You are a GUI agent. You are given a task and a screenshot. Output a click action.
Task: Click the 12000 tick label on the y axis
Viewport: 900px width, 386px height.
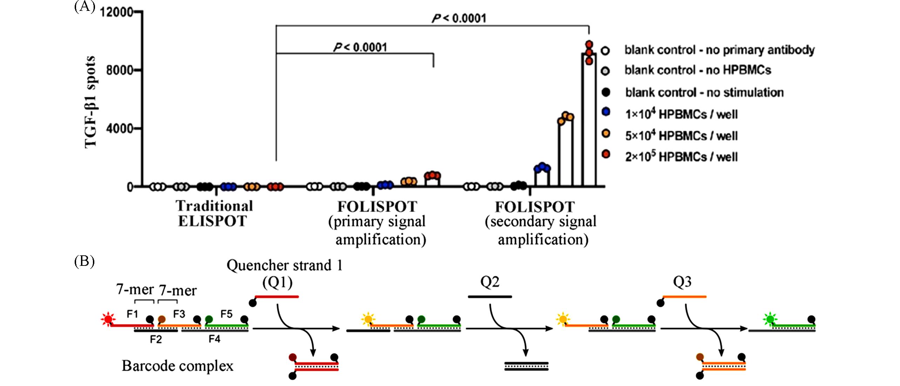click(x=116, y=12)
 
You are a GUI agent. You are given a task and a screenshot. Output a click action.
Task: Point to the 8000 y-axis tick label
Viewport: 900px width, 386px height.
click(x=119, y=70)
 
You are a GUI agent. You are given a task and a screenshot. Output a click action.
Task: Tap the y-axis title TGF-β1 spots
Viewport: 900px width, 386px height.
click(x=90, y=102)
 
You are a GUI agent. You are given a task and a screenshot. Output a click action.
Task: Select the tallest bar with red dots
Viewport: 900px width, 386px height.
click(x=589, y=119)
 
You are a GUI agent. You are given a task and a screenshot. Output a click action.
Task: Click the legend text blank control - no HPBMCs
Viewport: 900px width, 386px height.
click(x=697, y=70)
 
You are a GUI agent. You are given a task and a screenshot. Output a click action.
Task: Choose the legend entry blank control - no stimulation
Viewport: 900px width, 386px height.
click(x=704, y=92)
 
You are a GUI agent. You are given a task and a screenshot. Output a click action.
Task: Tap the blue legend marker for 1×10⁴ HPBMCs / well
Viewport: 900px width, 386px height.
click(x=605, y=112)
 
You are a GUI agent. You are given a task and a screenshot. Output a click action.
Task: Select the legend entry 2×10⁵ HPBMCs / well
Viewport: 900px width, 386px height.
click(x=681, y=157)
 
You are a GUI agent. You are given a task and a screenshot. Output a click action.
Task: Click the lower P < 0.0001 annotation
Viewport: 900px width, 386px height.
click(x=360, y=47)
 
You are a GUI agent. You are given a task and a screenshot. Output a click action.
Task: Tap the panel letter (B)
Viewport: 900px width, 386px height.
click(x=84, y=261)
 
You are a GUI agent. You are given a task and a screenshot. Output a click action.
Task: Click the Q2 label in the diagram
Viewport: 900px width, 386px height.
click(x=489, y=282)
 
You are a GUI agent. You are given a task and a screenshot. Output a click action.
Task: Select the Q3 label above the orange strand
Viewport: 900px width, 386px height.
click(x=682, y=282)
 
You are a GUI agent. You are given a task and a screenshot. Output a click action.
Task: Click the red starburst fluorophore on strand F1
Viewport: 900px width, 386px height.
click(x=107, y=319)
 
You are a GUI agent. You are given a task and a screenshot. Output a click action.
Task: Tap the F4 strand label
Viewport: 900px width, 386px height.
click(x=214, y=339)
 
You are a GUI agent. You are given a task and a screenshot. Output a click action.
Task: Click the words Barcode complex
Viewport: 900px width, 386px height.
click(x=177, y=366)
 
